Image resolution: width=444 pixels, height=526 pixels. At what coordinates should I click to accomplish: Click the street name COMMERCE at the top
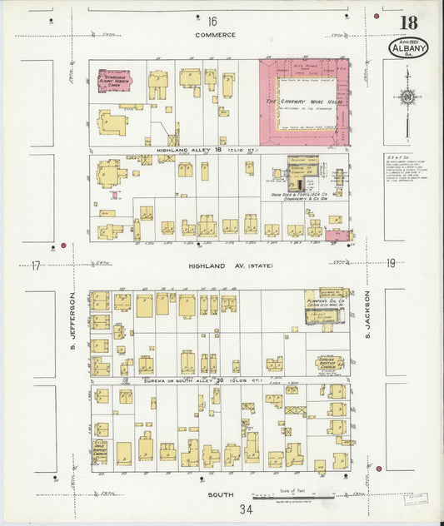click(215, 35)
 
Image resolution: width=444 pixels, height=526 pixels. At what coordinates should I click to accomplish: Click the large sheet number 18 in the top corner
click(409, 22)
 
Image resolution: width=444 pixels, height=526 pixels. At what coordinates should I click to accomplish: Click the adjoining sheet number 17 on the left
click(36, 265)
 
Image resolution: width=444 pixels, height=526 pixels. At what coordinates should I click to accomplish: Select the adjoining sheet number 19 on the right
click(391, 264)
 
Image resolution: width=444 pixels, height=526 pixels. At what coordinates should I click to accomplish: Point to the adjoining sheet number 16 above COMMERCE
click(212, 20)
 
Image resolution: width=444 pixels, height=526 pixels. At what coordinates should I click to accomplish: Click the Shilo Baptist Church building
click(100, 451)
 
